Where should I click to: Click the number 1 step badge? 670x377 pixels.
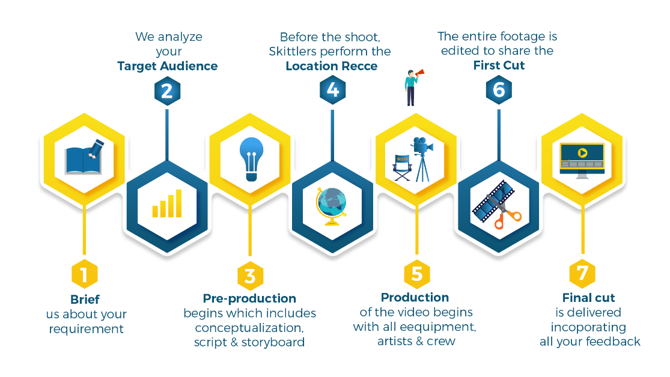pos(84,275)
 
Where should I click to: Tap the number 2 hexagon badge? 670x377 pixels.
pos(167,91)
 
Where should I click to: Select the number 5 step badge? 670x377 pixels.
pos(416,274)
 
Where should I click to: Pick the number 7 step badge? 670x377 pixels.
pos(582,274)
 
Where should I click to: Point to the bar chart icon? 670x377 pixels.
pos(167,204)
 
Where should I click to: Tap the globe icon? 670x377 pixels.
pos(332,205)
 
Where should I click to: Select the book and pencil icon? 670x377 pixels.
pos(84,157)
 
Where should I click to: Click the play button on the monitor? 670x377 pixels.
pos(582,152)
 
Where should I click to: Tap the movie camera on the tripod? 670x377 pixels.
pos(422,157)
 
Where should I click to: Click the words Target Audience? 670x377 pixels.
pos(167,66)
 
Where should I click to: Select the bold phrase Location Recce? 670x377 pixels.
pos(332,66)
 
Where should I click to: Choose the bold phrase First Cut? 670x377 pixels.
pos(499,65)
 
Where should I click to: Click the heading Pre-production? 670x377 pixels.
pos(249,298)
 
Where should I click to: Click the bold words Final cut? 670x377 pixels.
pos(589,298)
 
